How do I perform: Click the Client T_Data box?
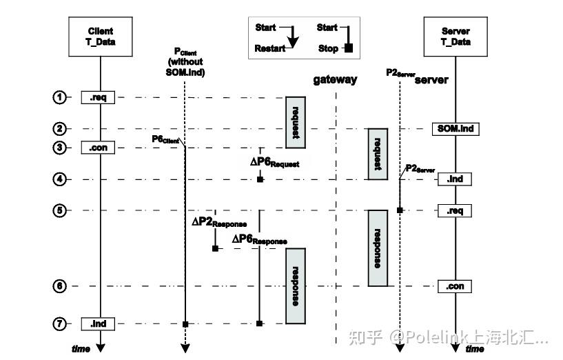(101, 36)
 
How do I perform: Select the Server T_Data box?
(455, 36)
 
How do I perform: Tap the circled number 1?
(59, 97)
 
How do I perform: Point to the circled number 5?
(59, 210)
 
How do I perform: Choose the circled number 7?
(59, 323)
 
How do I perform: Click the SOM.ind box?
(454, 128)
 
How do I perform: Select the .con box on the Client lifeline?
(97, 148)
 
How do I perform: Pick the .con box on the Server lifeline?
(454, 286)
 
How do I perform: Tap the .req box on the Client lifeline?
(97, 98)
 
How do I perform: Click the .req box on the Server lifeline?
(454, 210)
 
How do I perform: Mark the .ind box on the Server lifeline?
(454, 179)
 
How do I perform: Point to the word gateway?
(335, 79)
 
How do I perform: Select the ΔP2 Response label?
(218, 223)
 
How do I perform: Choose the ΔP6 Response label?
(259, 239)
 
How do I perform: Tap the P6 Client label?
(165, 140)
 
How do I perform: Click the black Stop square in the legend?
(349, 48)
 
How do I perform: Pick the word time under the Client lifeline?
(81, 348)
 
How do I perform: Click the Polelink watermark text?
(448, 337)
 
